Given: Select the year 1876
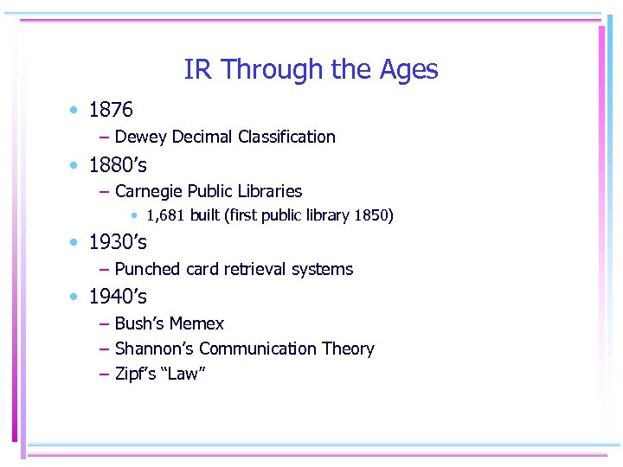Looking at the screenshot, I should pos(111,110).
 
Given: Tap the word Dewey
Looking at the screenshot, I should pos(141,137).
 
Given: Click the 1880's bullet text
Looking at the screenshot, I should pos(118,164).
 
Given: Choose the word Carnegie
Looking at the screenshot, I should pos(151,191).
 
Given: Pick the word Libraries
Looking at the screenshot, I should pos(267,191).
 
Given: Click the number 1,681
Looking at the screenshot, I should pos(165,215).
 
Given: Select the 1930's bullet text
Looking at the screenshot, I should pos(118,242).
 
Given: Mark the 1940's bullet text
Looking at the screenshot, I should pos(118,297).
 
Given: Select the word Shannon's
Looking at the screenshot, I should pos(154,349).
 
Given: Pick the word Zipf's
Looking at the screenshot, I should pos(135,374).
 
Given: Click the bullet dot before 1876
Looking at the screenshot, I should pos(76,111).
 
